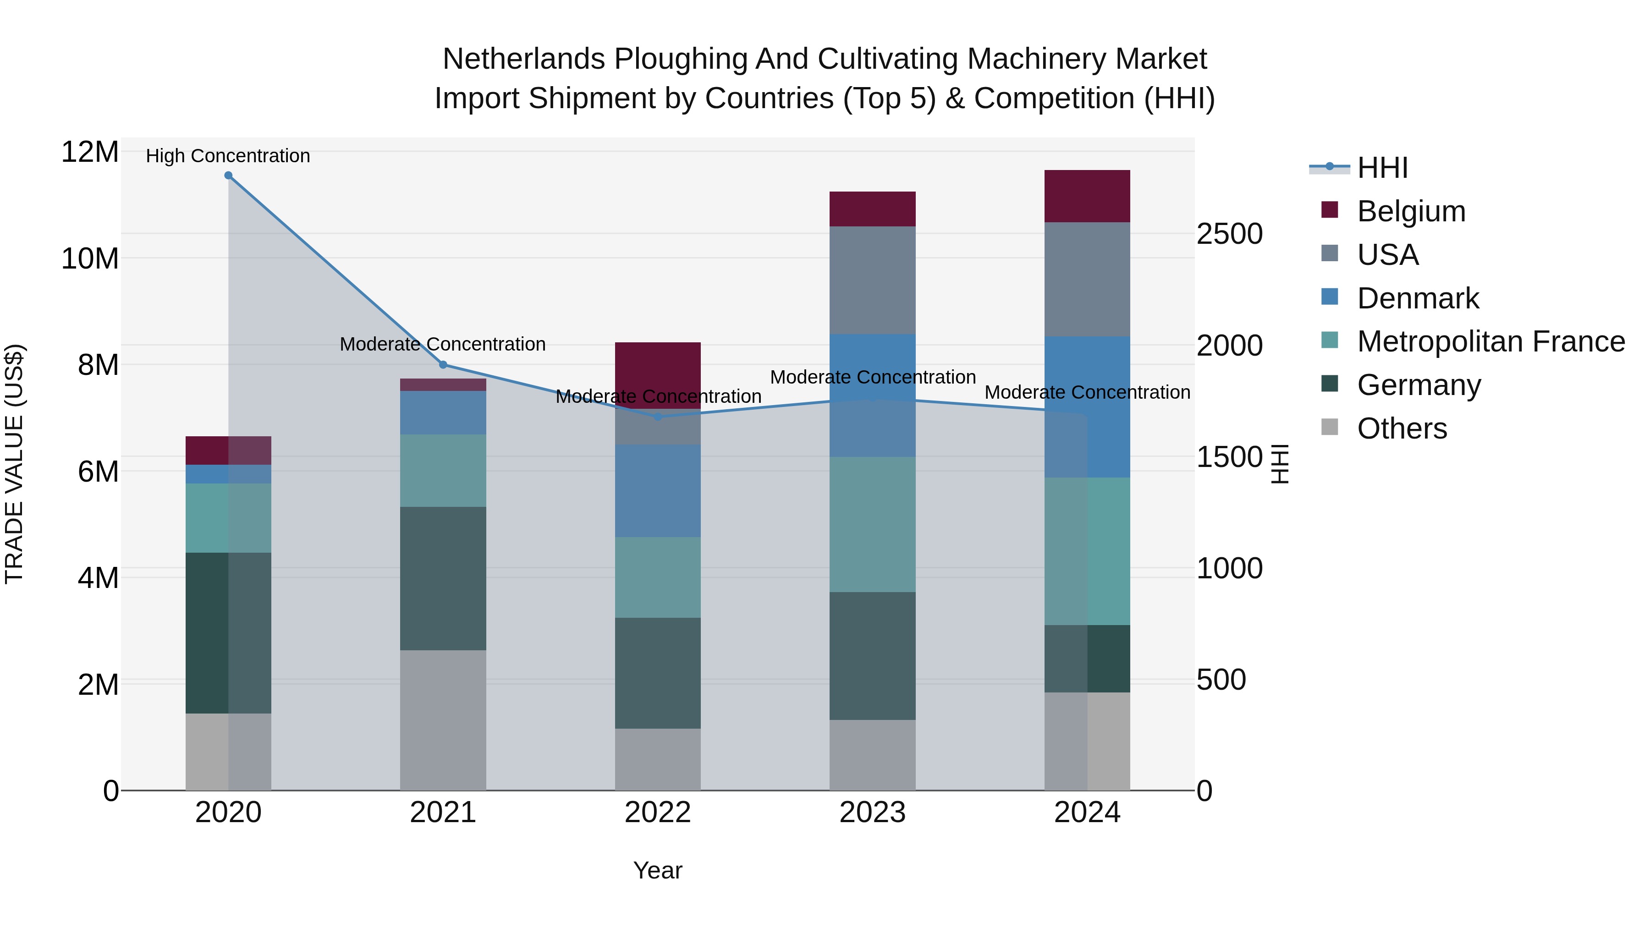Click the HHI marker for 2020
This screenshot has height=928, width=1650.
(228, 176)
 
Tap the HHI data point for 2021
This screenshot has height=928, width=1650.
(443, 365)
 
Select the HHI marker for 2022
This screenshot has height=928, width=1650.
(657, 417)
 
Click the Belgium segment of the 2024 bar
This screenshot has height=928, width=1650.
(1087, 196)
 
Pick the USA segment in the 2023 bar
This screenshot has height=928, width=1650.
(872, 280)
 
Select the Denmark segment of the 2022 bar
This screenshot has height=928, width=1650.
(657, 490)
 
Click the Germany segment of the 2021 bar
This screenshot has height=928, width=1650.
(443, 578)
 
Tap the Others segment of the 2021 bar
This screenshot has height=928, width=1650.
(443, 720)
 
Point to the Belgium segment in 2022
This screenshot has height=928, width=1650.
(657, 375)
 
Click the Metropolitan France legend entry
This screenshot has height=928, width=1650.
(1490, 341)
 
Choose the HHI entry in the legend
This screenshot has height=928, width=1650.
(1382, 168)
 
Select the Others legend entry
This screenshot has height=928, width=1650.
(1402, 428)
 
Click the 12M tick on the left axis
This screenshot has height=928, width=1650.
(90, 153)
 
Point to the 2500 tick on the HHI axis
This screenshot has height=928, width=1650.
(1229, 234)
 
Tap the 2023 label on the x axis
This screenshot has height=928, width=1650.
(872, 813)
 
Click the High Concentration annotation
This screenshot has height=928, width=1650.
(228, 156)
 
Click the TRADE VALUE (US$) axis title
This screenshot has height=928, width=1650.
(14, 464)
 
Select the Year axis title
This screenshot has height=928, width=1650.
(657, 870)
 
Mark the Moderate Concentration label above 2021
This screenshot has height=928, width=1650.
(443, 344)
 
